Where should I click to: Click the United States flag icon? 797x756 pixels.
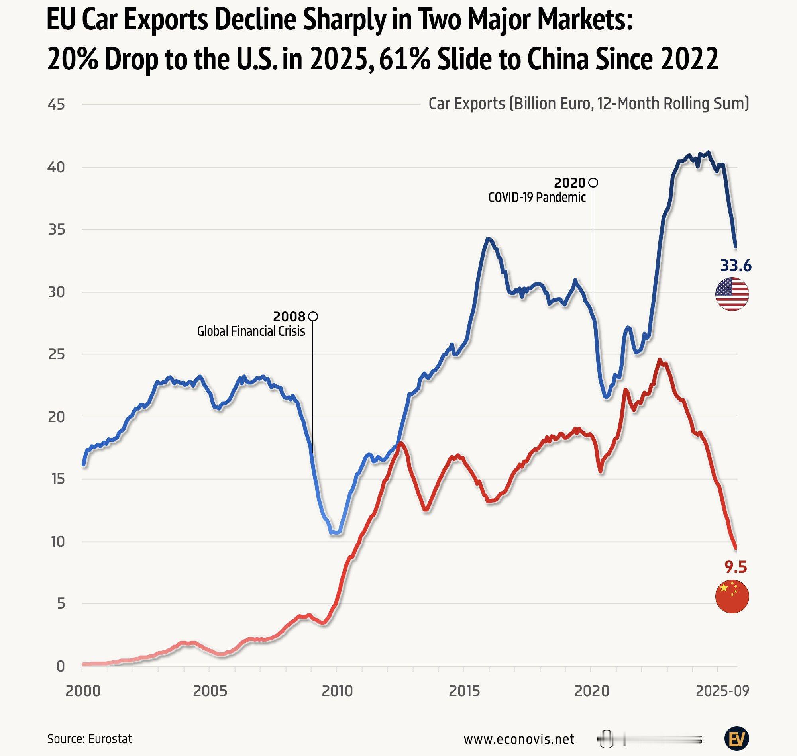click(x=732, y=294)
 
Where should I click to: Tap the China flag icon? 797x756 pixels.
click(x=732, y=597)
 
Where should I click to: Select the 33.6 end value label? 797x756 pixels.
click(x=736, y=266)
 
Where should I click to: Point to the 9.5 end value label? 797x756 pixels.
click(x=736, y=567)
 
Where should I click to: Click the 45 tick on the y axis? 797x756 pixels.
click(x=56, y=105)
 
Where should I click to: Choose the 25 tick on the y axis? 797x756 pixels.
click(x=56, y=354)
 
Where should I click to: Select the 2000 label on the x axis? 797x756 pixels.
click(x=83, y=691)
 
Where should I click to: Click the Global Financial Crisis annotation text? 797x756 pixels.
click(x=251, y=331)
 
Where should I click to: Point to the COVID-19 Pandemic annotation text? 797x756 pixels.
click(x=537, y=198)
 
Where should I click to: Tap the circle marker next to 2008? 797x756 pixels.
click(x=313, y=316)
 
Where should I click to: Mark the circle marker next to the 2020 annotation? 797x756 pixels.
click(x=593, y=183)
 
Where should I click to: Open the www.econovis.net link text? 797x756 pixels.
click(x=519, y=739)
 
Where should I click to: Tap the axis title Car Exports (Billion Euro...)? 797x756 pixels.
click(x=589, y=104)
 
